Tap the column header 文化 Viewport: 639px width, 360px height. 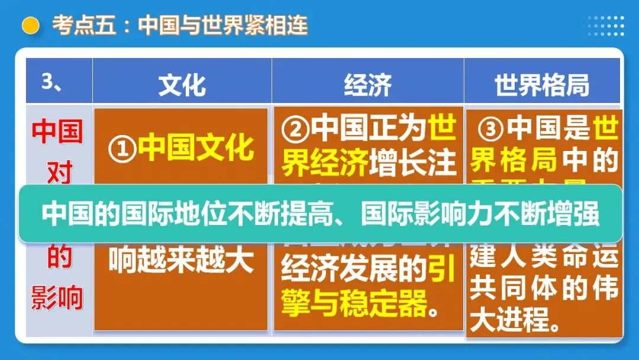182,85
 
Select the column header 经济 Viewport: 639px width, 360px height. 367,85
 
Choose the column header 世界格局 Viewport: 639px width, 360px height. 542,85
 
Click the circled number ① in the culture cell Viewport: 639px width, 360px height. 122,148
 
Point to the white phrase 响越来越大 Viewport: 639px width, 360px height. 181,259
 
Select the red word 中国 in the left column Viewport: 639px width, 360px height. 57,133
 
